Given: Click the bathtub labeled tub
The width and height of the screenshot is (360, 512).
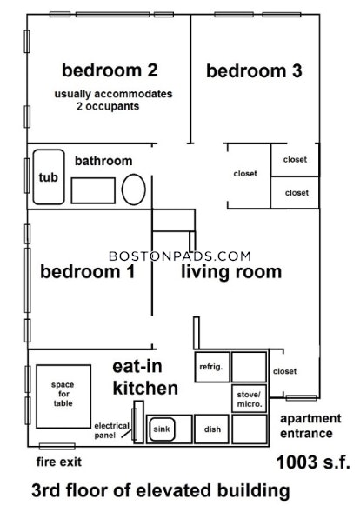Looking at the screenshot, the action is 49,177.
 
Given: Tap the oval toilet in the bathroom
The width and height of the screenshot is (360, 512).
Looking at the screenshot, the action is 134,190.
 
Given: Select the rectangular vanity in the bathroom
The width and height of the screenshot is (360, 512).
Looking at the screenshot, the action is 93,190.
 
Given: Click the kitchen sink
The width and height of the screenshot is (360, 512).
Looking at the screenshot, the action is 162,429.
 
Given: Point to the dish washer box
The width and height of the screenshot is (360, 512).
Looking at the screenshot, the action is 211,429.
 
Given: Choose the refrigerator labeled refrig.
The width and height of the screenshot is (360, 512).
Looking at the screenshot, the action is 212,367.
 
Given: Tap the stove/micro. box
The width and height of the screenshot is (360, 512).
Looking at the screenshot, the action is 250,399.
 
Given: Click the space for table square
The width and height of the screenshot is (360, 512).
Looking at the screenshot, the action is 63,396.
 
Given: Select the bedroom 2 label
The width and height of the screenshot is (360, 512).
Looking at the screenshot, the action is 110,70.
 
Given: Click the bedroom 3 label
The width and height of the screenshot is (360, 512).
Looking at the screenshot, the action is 254,71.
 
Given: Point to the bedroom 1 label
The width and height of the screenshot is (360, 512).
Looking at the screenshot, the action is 88,272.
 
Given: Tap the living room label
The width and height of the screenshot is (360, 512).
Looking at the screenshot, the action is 231,272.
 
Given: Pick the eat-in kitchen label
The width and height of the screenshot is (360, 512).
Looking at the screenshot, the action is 145,377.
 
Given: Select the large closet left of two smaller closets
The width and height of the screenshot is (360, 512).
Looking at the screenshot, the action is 249,176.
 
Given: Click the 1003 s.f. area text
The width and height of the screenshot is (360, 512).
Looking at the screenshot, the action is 313,462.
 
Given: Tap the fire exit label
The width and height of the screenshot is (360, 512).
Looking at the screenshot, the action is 59,462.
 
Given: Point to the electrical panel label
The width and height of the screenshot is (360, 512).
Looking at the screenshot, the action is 111,430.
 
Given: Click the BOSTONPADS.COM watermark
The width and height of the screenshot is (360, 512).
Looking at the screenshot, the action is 180,256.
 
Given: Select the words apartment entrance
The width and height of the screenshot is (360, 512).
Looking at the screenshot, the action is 310,426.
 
